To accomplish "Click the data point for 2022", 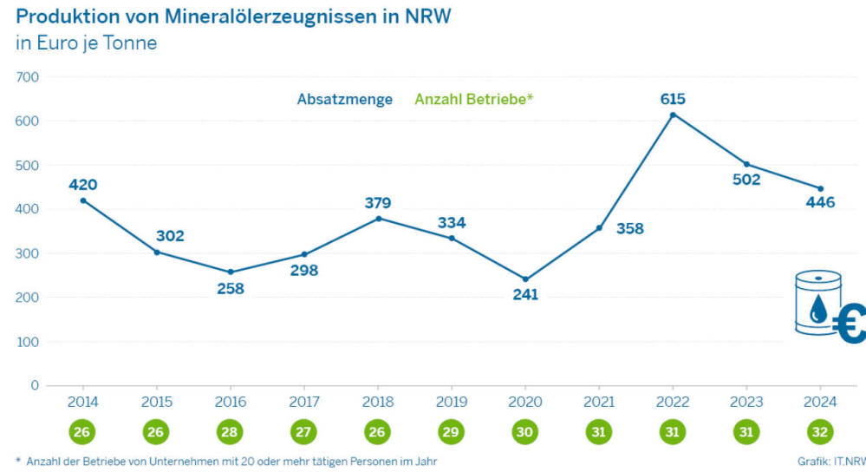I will point(673,115).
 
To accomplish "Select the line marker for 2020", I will point(525,279).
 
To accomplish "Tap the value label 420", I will point(83,184).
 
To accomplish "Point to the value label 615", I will point(673,99).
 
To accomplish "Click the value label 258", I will point(231,288).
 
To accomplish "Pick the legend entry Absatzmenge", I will point(344,100).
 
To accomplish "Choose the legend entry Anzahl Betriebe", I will point(473,100).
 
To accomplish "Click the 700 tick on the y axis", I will point(28,77).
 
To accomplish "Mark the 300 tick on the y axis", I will point(28,253).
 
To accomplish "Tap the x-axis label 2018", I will point(377,402).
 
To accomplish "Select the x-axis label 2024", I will point(820,402).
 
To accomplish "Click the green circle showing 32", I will point(820,431).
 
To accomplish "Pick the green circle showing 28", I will point(231,431).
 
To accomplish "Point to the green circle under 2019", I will point(451,431).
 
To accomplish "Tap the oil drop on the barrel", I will point(817,308).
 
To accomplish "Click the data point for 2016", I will point(231,272).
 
